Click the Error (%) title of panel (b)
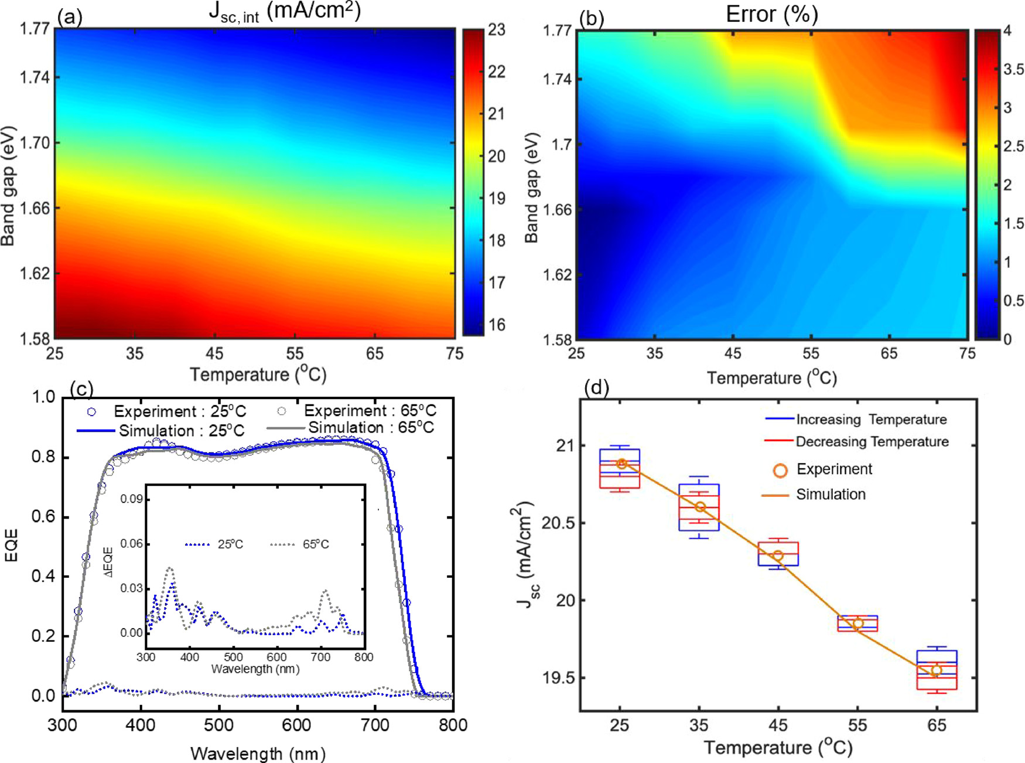coord(771,14)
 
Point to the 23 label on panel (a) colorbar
coord(496,30)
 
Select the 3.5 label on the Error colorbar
coord(1013,70)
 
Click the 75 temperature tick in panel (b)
coord(967,353)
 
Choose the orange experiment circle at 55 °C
coord(857,624)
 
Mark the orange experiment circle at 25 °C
coord(621,464)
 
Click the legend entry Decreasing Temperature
coord(872,442)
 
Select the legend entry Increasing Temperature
coord(871,420)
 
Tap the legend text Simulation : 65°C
coord(371,428)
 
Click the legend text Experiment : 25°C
coord(179,411)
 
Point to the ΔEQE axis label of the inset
coord(109,561)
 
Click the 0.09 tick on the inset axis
coord(132,499)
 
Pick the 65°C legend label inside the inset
coord(316,544)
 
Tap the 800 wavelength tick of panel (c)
coord(453,725)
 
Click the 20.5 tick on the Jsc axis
coord(556,523)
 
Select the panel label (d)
coord(597,387)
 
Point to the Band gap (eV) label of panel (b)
coord(531,188)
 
